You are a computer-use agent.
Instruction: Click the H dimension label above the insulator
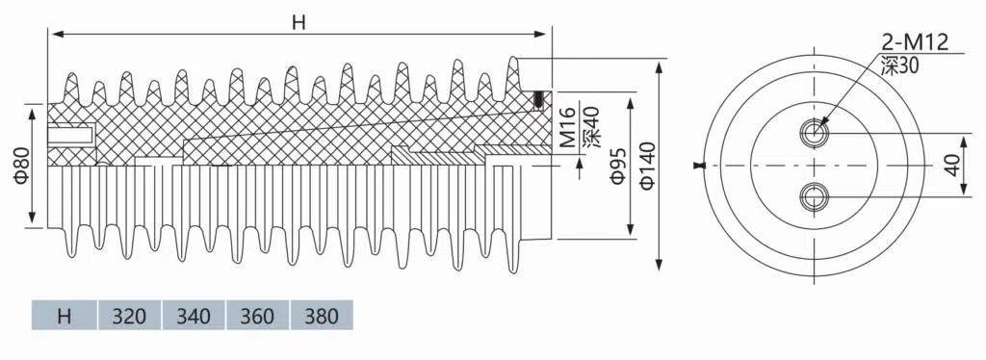[x=298, y=22]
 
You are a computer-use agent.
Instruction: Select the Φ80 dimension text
[x=21, y=167]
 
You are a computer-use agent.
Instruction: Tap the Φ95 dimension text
[x=619, y=166]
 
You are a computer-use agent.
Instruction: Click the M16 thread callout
[x=568, y=127]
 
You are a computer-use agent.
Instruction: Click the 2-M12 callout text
[x=915, y=42]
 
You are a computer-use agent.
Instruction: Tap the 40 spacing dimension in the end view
[x=954, y=166]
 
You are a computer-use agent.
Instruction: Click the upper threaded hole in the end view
[x=815, y=132]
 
